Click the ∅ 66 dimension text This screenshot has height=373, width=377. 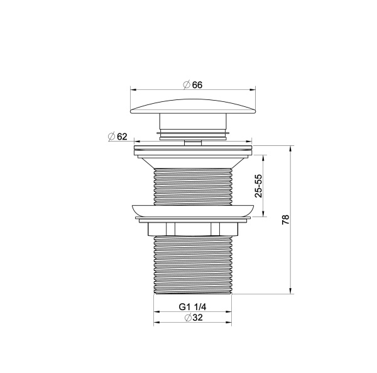tap(193, 84)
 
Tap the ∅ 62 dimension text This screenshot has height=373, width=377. tap(117, 136)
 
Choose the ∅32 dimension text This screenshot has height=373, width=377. tap(193, 319)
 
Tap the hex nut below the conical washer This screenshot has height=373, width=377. tap(193, 228)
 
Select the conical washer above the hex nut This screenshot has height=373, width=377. tap(193, 211)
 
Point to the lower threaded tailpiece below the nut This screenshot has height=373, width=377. tap(193, 264)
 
